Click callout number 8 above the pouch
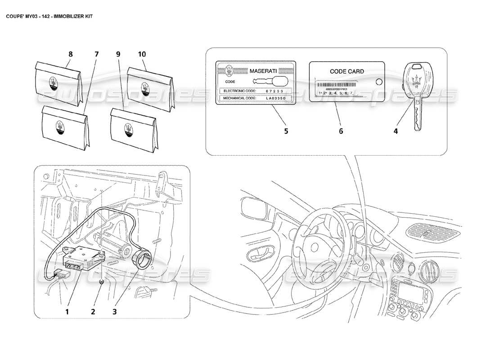[70, 54]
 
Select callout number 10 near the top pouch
[142, 54]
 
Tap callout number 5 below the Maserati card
[286, 131]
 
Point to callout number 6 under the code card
[341, 131]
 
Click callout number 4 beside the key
[396, 131]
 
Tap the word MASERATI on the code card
[265, 71]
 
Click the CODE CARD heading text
[347, 71]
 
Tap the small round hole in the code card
[378, 82]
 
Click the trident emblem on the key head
[417, 76]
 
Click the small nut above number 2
[102, 282]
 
